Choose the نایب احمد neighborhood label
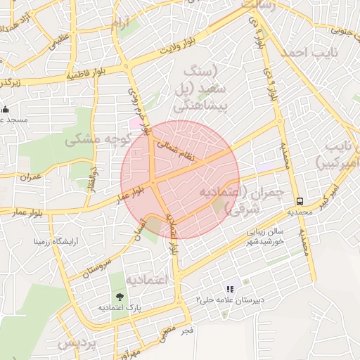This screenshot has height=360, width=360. click(x=309, y=53)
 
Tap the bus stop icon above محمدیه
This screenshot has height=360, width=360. click(x=300, y=200)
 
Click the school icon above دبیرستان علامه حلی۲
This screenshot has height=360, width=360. click(x=229, y=289)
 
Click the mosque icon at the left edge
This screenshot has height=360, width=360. click(x=6, y=109)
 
